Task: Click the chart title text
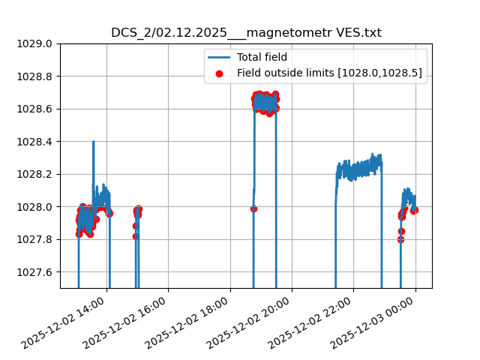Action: (246, 33)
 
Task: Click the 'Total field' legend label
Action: (262, 57)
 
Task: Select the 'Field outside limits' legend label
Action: (329, 73)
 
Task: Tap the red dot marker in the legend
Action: (219, 73)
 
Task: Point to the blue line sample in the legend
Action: (219, 57)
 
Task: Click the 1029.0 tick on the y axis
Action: (34, 43)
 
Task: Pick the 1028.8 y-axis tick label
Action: (34, 76)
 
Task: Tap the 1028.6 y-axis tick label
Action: (34, 109)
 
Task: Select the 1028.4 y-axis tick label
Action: (34, 142)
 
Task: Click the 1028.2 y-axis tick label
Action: (34, 174)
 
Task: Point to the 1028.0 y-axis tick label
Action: (34, 207)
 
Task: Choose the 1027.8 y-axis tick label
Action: (34, 239)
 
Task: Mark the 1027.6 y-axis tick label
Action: (34, 272)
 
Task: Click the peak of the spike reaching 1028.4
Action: (93, 142)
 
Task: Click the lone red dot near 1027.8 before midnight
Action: (400, 239)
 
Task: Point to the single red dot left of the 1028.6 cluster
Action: (253, 208)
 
